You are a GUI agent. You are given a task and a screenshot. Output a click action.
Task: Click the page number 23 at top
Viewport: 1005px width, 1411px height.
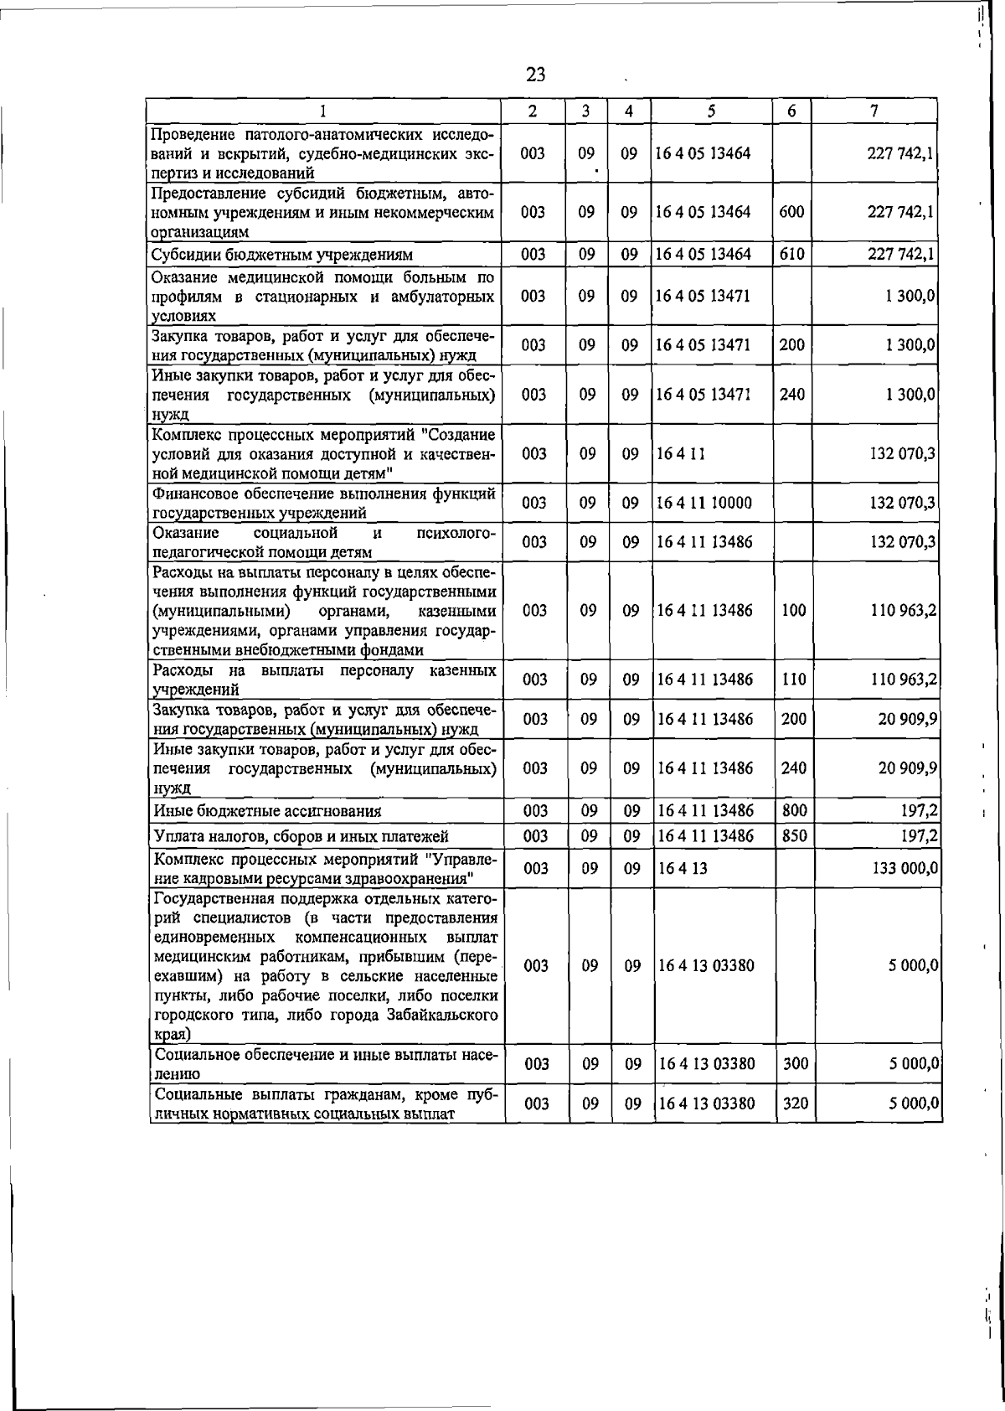point(535,75)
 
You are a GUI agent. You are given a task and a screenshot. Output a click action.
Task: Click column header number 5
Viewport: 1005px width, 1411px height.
point(710,111)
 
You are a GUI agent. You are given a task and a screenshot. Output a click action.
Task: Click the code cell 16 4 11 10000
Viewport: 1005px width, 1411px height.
point(704,503)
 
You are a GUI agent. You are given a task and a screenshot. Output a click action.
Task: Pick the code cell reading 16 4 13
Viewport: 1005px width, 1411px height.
point(683,868)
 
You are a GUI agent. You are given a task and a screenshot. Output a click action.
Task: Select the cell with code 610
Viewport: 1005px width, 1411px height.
point(791,254)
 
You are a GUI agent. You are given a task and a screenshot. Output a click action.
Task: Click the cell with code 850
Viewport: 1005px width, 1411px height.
point(792,835)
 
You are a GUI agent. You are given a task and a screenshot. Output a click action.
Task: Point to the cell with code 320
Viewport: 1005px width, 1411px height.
point(795,1103)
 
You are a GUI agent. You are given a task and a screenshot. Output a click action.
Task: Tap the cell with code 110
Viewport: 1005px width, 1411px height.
point(793,680)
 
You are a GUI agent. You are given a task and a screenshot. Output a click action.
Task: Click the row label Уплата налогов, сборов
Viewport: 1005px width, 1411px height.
point(301,836)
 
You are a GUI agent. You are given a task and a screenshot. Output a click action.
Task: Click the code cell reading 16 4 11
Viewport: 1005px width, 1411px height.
point(681,453)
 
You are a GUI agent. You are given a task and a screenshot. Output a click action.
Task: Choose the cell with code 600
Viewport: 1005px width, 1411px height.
point(791,212)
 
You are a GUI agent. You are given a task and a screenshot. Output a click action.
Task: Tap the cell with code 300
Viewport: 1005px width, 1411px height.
point(795,1064)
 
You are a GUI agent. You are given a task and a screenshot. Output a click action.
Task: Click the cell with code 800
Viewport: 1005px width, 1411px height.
point(792,810)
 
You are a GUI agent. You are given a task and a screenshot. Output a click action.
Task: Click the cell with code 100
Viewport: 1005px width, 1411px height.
point(793,611)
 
